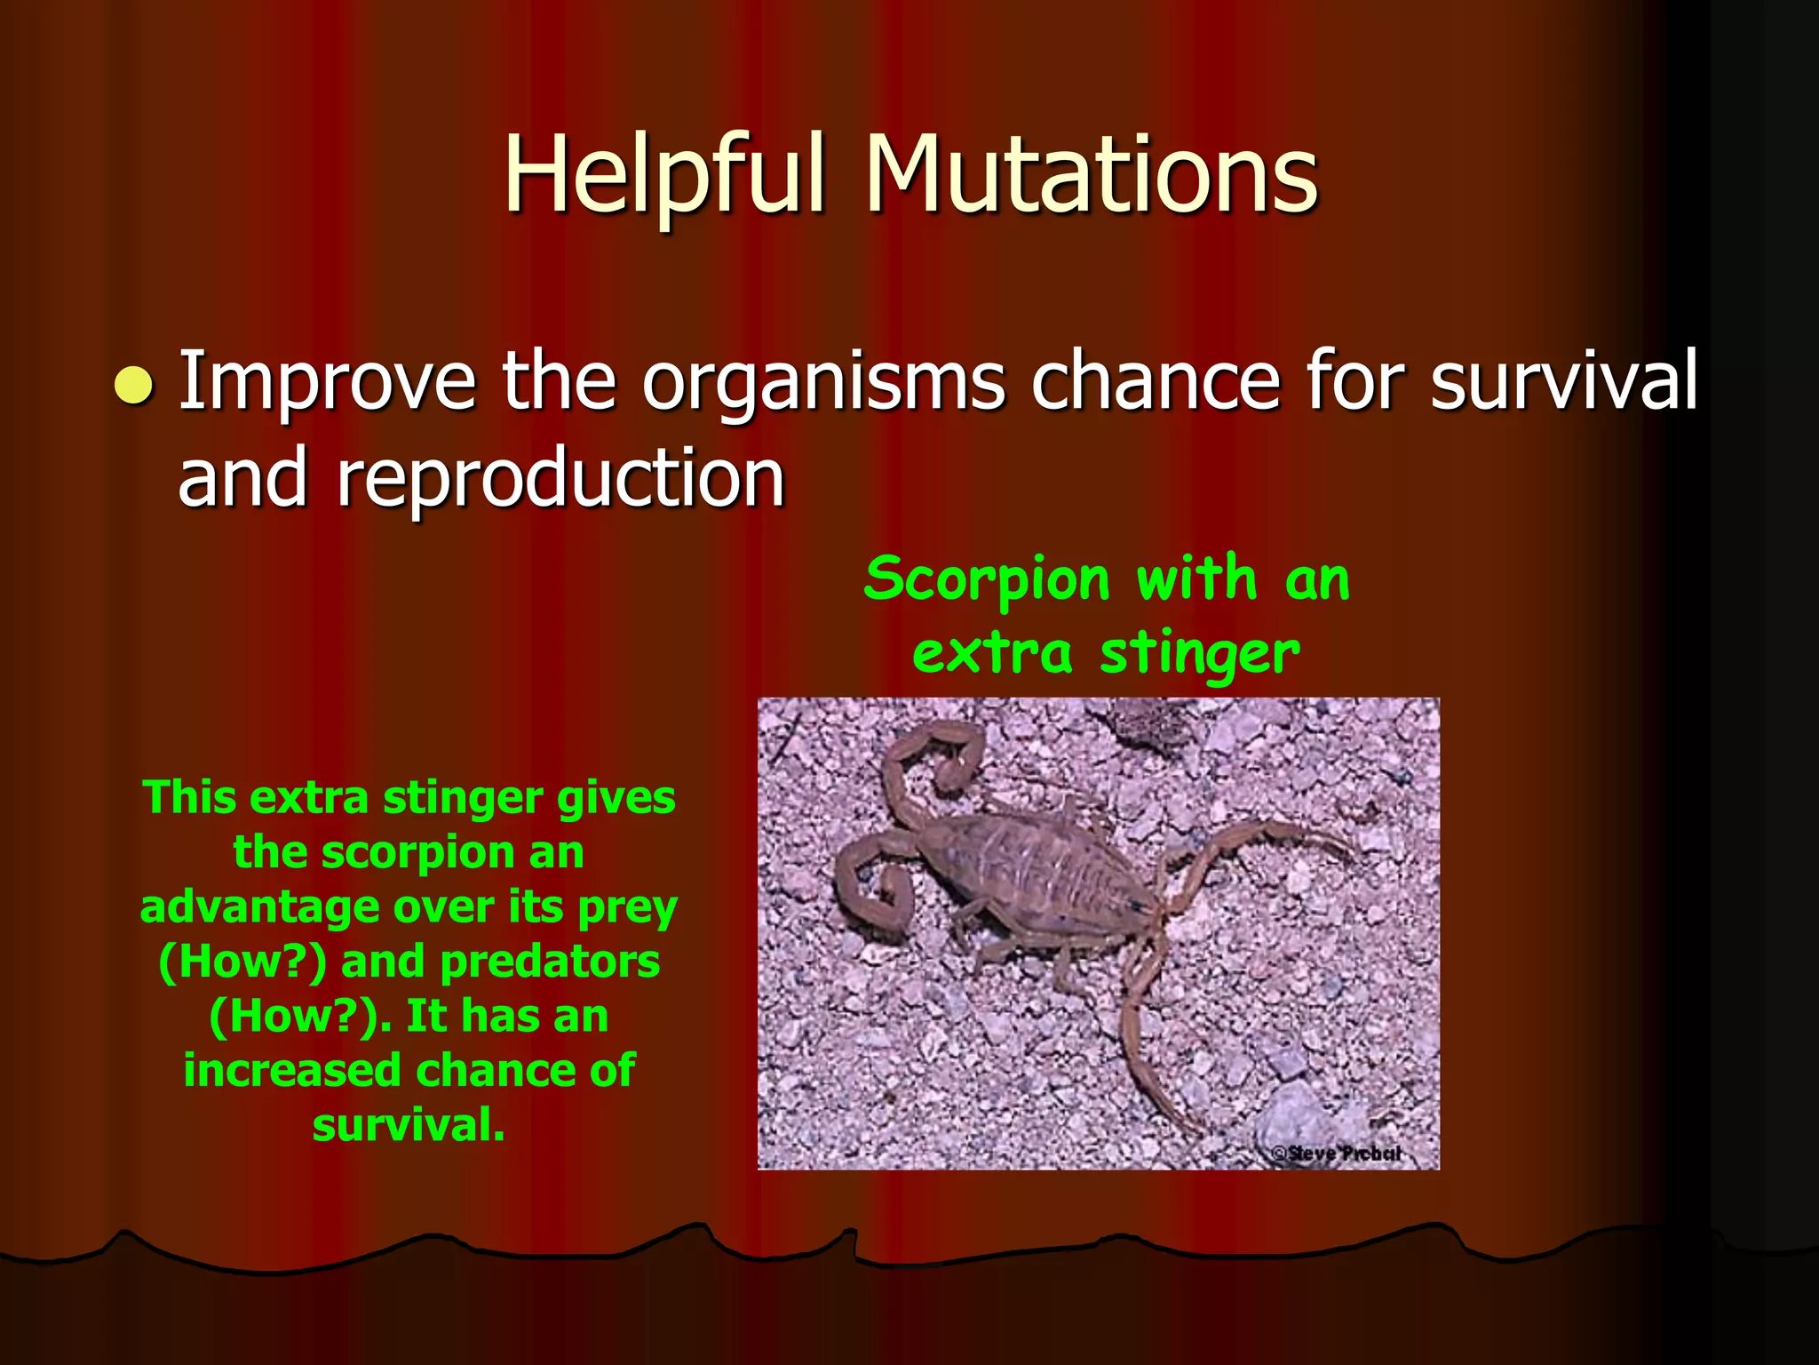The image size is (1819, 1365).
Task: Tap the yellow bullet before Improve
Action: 134,386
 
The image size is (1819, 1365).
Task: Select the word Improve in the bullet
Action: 328,382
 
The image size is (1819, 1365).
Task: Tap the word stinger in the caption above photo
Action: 1199,655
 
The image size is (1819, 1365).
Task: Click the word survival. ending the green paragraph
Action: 409,1125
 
